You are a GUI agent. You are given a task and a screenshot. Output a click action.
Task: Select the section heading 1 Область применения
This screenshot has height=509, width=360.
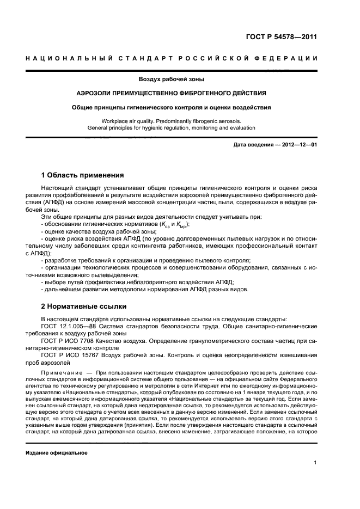[x=83, y=175]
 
